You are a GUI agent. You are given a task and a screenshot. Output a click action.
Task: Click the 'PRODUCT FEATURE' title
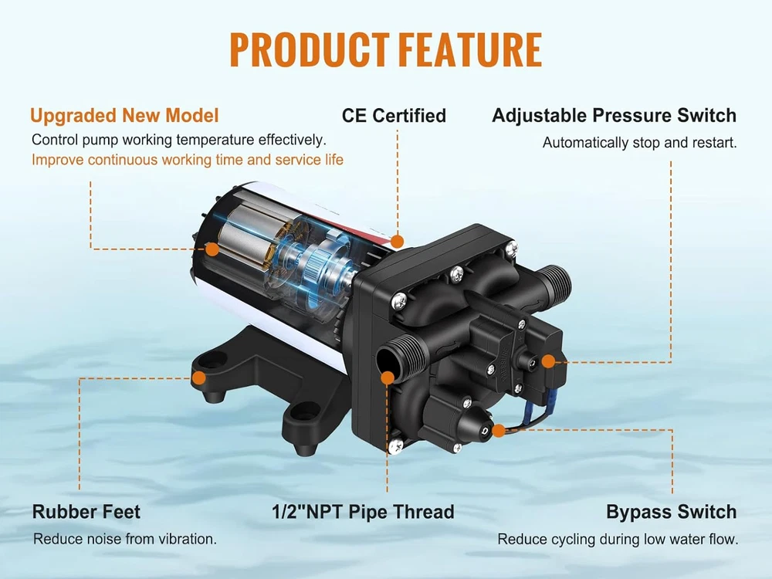385,51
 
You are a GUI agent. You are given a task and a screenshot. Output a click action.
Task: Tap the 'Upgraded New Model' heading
124,116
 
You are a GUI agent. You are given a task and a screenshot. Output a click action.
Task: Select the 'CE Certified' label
394,116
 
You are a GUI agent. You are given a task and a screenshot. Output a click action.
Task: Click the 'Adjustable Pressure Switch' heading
614,116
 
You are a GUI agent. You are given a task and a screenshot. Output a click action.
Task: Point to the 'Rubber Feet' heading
86,512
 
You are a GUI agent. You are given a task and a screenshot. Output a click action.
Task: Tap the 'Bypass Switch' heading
671,512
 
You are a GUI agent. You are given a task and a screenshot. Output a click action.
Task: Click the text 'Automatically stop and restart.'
639,143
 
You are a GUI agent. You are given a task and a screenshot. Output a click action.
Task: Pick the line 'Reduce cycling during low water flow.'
618,540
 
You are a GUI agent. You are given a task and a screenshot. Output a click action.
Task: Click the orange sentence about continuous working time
188,160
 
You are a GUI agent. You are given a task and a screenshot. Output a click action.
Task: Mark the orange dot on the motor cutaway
211,249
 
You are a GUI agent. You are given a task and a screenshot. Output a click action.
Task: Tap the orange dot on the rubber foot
198,378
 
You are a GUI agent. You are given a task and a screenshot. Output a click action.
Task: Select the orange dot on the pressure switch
547,361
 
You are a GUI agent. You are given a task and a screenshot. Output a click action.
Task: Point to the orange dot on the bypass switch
499,429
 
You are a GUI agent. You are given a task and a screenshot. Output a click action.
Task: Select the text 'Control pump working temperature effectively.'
179,141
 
